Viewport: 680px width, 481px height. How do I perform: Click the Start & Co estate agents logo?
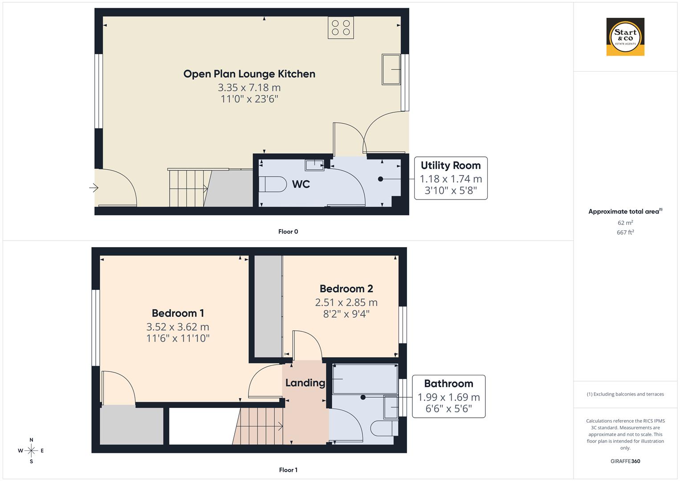click(625, 37)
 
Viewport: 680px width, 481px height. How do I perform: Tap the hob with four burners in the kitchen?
click(341, 28)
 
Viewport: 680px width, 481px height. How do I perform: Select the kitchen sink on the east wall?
click(391, 69)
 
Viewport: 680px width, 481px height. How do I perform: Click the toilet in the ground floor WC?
click(273, 184)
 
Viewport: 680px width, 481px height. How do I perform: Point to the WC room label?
click(301, 184)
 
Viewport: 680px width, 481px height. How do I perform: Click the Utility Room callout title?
click(451, 165)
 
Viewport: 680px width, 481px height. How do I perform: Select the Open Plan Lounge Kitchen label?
click(249, 74)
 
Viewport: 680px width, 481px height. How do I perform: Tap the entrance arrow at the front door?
click(94, 188)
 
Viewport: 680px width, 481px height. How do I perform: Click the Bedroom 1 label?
click(178, 313)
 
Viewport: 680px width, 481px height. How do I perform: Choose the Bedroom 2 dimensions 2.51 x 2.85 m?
click(346, 302)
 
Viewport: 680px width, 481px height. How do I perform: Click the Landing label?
click(305, 383)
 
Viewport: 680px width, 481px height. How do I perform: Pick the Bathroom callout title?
click(448, 383)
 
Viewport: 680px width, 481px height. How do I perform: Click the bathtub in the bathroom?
click(365, 379)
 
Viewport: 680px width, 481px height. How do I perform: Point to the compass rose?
click(31, 451)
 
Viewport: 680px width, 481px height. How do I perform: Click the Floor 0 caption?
click(288, 232)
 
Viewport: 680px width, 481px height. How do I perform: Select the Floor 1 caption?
click(288, 470)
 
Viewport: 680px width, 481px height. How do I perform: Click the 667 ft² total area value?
click(625, 232)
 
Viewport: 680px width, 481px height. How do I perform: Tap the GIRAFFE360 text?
click(625, 461)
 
